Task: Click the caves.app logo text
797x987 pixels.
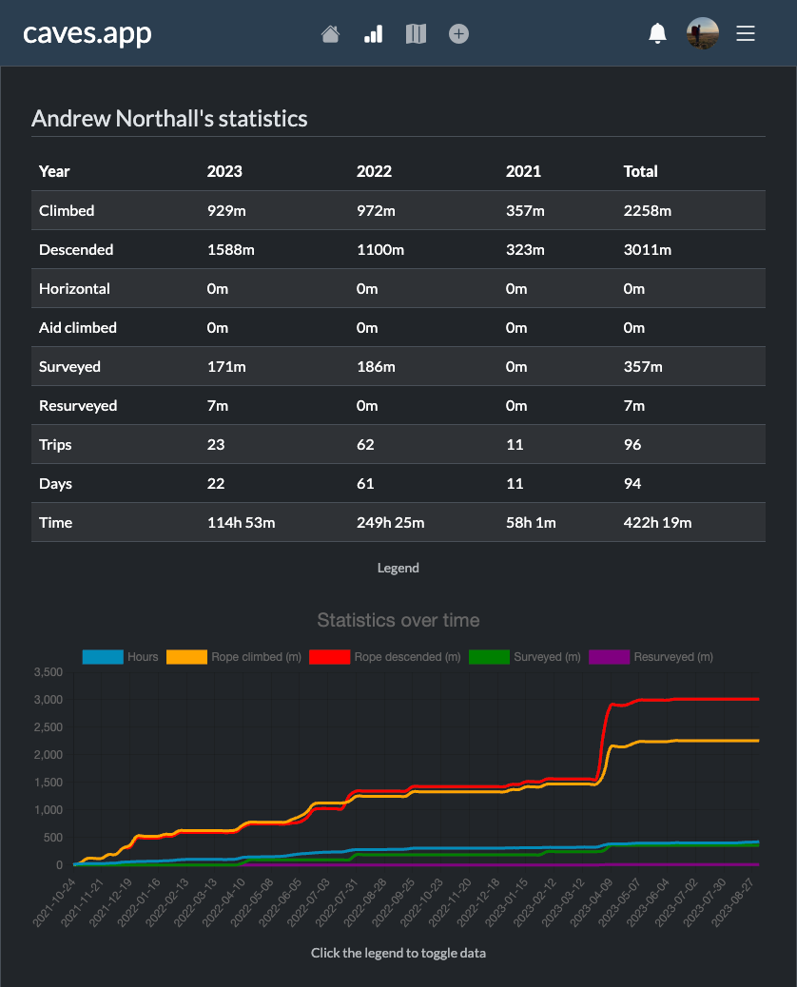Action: click(x=87, y=33)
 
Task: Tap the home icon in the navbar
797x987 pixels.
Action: click(x=330, y=34)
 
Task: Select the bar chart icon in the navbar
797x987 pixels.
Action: click(x=373, y=34)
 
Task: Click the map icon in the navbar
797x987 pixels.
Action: click(x=416, y=34)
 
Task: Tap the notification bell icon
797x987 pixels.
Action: click(x=657, y=34)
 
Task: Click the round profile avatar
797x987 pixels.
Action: click(x=703, y=33)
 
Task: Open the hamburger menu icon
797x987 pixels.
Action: click(x=746, y=33)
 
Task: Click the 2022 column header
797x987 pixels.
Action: click(x=374, y=171)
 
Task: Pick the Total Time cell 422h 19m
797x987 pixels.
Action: click(x=657, y=523)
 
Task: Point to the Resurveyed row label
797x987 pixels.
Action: click(x=78, y=406)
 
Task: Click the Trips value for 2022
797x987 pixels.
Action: click(x=365, y=445)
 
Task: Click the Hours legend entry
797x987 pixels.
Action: click(x=121, y=657)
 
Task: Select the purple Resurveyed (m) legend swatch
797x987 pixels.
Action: click(x=609, y=657)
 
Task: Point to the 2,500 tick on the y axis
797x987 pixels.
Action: click(x=47, y=727)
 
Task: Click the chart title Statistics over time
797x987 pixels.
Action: click(x=398, y=621)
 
